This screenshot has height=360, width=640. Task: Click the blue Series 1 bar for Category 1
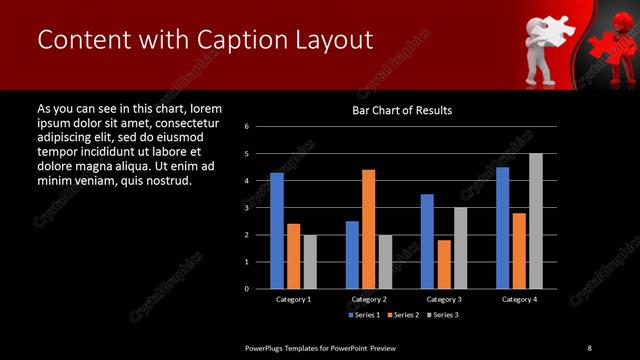tap(277, 230)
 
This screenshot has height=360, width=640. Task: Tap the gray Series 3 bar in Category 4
tap(535, 220)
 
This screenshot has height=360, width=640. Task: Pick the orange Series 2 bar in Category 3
tap(443, 264)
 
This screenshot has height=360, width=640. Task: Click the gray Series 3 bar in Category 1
tap(310, 261)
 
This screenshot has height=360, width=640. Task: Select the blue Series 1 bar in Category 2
tap(352, 254)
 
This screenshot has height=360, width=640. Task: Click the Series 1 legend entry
tap(362, 315)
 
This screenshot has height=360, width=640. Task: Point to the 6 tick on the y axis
tap(260, 127)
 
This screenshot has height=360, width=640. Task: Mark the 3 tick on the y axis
tap(260, 208)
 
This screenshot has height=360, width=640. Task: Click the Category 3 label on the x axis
tap(443, 299)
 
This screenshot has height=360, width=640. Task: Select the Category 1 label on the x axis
tap(293, 299)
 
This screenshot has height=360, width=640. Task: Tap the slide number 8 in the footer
tap(589, 347)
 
